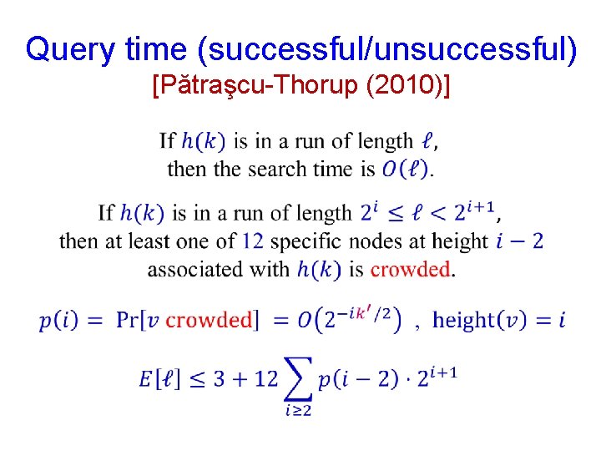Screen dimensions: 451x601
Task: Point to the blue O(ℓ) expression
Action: click(x=405, y=169)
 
